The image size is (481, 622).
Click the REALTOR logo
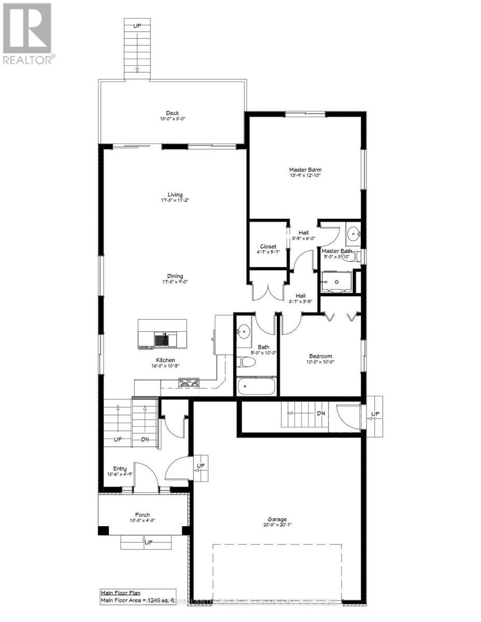27,33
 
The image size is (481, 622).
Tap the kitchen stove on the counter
190,384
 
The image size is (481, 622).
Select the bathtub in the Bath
257,387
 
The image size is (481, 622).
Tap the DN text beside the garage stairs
321,414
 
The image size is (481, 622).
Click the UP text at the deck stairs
137,25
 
